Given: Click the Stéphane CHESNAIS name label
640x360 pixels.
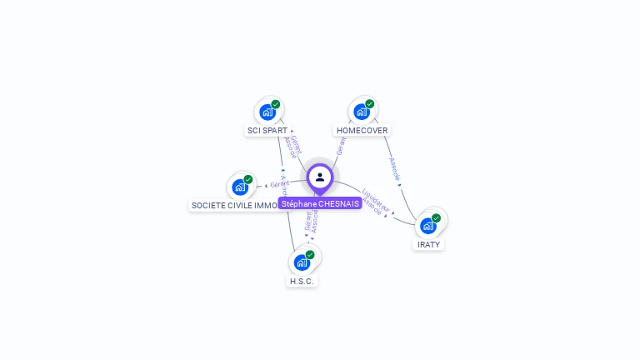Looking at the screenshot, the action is coord(320,203).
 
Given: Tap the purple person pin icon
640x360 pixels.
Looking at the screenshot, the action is coord(320,177).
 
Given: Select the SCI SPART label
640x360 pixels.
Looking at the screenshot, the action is coord(267,131).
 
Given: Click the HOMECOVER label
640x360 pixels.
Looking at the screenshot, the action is coord(362,131).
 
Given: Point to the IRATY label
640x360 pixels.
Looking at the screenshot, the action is coord(428,244).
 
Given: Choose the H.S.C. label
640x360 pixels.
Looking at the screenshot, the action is coord(302,281).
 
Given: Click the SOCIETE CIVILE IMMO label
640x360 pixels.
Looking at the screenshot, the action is coord(234,205).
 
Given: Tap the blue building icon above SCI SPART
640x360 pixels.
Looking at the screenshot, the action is coord(267,112).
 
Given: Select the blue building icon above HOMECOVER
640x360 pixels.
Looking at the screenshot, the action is coord(362,112).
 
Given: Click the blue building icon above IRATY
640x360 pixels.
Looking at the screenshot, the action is coord(428,225).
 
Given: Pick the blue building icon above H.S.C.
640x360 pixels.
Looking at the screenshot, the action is coord(302,262).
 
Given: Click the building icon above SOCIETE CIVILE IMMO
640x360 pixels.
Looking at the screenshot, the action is coord(240,187).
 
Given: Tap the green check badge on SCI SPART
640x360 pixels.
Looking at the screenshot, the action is coord(276,104).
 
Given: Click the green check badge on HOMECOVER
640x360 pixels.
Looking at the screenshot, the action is coord(370,104).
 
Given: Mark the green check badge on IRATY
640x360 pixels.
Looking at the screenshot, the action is coord(436,217).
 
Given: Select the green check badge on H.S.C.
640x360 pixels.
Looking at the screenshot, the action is coord(310,254).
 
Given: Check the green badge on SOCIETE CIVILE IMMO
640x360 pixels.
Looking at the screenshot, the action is coord(248,179).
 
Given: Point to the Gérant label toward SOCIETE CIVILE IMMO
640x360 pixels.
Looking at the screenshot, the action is coord(278,183).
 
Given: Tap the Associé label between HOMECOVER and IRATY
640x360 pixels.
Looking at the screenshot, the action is coord(394,168).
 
